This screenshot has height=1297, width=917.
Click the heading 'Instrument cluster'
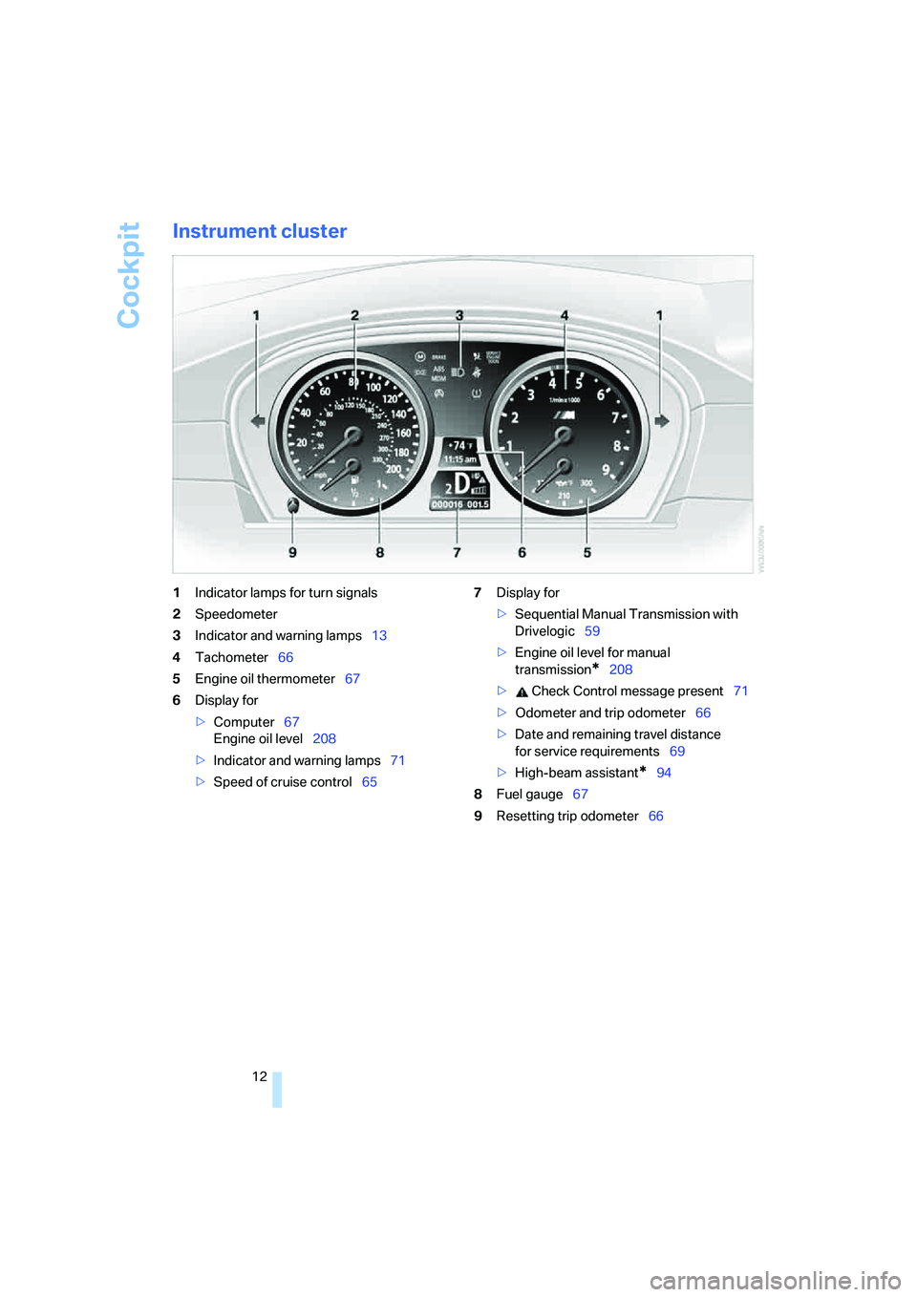(x=260, y=231)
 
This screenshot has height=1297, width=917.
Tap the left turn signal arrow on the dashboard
(x=257, y=421)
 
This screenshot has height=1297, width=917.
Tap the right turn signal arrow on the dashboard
(x=662, y=421)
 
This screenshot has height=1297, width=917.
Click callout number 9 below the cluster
(x=292, y=552)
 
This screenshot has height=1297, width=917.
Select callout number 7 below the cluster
(x=457, y=552)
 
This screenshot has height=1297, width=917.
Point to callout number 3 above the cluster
(x=459, y=315)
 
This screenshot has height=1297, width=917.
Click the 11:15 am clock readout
(x=459, y=459)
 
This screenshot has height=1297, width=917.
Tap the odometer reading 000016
(x=447, y=504)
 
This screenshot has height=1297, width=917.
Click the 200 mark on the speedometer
(x=394, y=469)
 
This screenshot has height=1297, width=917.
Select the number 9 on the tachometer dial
(x=606, y=470)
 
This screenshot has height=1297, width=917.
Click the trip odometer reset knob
(x=292, y=505)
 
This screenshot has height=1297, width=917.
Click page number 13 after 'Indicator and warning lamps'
(x=379, y=636)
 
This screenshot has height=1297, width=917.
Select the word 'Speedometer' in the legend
(x=236, y=614)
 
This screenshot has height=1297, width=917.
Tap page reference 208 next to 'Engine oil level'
(x=324, y=739)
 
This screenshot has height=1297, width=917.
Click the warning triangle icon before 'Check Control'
(x=522, y=691)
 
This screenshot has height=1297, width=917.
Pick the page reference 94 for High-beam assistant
(x=664, y=773)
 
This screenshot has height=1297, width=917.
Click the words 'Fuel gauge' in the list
(x=529, y=795)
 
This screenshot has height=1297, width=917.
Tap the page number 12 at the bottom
(x=260, y=1076)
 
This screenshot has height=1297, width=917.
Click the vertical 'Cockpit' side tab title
(x=130, y=275)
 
